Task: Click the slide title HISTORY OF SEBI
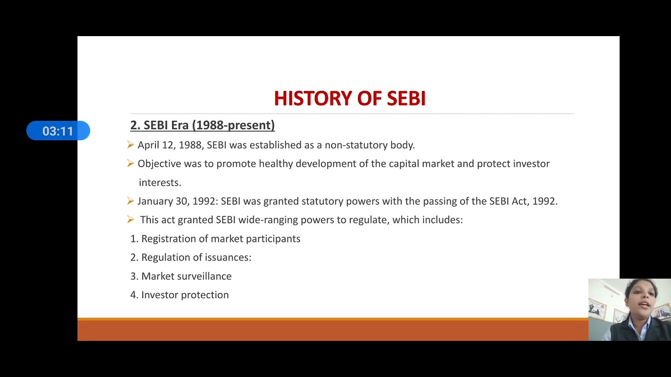350,98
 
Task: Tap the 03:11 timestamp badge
58,131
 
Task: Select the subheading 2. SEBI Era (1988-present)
202,125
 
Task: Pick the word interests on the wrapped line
159,183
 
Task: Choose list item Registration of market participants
221,239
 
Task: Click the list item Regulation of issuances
196,258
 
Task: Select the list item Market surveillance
186,276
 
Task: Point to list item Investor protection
185,295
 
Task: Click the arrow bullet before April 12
131,145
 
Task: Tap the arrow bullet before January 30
131,201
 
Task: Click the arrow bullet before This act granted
131,220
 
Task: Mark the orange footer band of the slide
332,330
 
